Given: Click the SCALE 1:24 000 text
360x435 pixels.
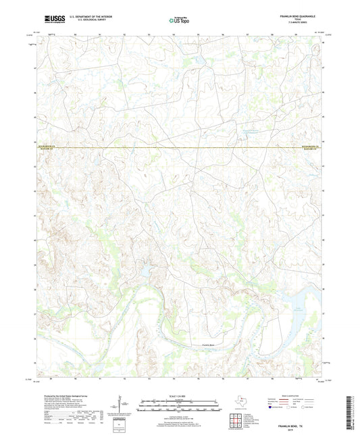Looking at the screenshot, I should [x=180, y=397].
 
